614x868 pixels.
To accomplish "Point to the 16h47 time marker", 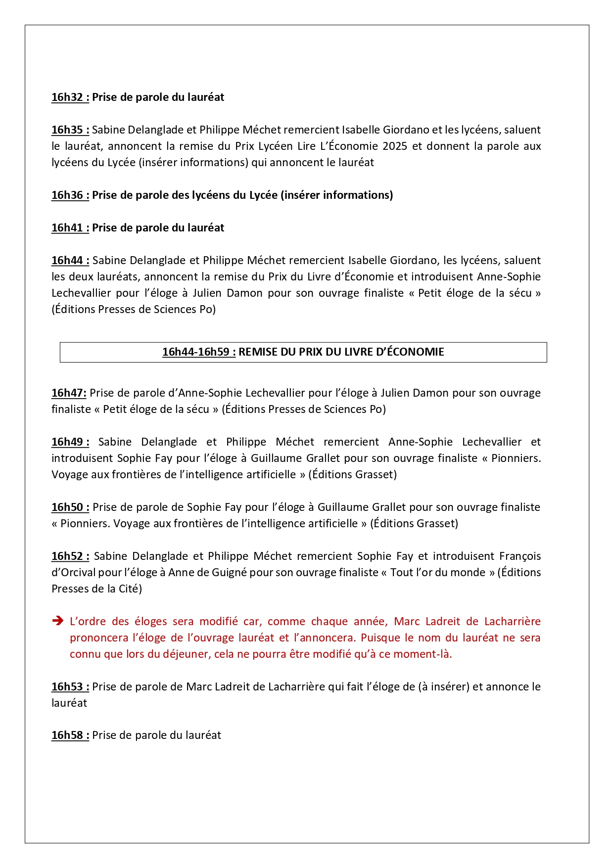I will point(69,393).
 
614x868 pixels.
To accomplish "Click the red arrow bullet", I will point(57,621).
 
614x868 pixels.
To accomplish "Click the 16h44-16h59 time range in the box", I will point(198,352).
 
